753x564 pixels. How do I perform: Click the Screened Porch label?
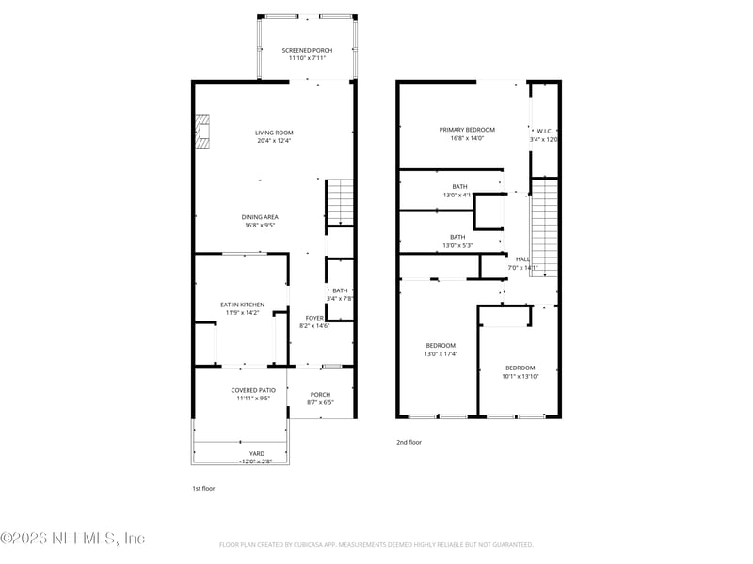[307, 50]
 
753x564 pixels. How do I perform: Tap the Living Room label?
[274, 133]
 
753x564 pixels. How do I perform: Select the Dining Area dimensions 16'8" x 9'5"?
[260, 226]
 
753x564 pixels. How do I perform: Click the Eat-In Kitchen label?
[242, 305]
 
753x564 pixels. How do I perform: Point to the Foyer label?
[314, 318]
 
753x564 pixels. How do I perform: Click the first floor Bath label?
[340, 290]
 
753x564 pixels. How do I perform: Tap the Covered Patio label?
[253, 390]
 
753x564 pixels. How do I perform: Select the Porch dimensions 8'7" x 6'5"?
[320, 403]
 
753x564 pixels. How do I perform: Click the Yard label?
[256, 453]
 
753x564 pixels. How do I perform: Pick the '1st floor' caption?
[203, 489]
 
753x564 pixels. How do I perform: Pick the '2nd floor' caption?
[409, 442]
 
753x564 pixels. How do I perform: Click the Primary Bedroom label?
[467, 130]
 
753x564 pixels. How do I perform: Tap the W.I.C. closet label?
[544, 131]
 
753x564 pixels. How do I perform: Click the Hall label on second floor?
[522, 259]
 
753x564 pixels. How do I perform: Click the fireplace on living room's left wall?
[201, 132]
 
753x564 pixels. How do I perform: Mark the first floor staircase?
[339, 202]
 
